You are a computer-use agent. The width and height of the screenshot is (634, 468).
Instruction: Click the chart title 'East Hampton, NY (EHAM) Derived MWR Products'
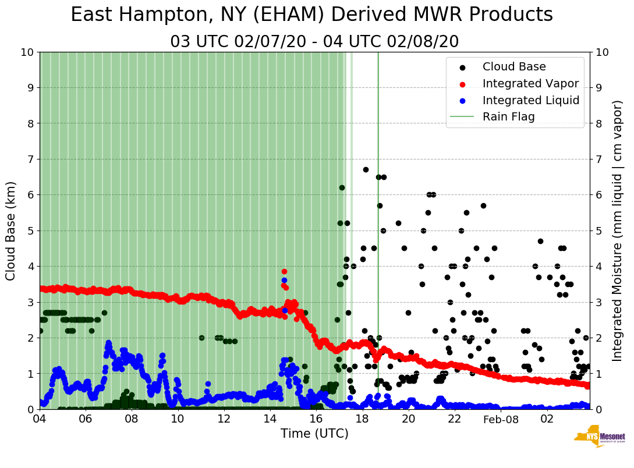pyautogui.click(x=311, y=15)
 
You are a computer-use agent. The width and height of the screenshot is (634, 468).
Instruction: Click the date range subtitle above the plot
pyautogui.click(x=314, y=42)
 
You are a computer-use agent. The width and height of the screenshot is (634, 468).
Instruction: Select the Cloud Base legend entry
pyautogui.click(x=514, y=67)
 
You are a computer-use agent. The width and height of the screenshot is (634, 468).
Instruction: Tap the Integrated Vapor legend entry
pyautogui.click(x=530, y=84)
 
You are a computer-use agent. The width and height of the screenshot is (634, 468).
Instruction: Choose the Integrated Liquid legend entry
pyautogui.click(x=530, y=100)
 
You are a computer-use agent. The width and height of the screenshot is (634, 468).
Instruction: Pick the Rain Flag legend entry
pyautogui.click(x=508, y=116)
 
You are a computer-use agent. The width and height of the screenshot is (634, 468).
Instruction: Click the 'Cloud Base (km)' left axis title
pyautogui.click(x=11, y=231)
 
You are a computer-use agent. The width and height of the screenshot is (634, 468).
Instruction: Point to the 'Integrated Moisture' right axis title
pyautogui.click(x=618, y=231)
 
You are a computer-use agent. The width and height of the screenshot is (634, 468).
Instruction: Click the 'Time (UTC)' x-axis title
pyautogui.click(x=314, y=434)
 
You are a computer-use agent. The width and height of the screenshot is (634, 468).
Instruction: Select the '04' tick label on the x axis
pyautogui.click(x=40, y=419)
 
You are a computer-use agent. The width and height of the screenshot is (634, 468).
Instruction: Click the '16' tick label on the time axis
pyautogui.click(x=316, y=419)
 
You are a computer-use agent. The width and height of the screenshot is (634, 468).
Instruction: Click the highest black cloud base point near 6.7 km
pyautogui.click(x=366, y=169)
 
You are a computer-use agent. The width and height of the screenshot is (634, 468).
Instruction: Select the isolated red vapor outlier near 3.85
pyautogui.click(x=284, y=271)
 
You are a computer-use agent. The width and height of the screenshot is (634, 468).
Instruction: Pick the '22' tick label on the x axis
pyautogui.click(x=455, y=419)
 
